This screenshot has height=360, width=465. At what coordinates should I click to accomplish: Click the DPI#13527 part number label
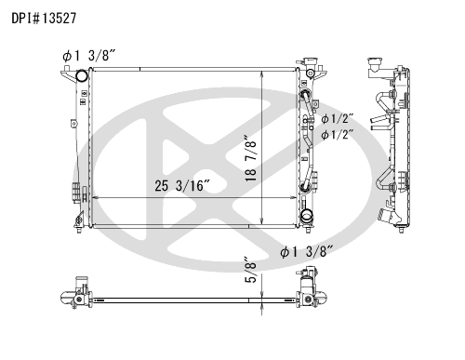pyautogui.click(x=44, y=19)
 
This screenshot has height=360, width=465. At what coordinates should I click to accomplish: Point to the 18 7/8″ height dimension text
pyautogui.click(x=251, y=158)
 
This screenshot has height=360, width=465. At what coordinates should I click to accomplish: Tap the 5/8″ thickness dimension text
pyautogui.click(x=251, y=270)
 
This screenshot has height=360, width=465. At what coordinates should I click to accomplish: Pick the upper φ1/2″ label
pyautogui.click(x=338, y=119)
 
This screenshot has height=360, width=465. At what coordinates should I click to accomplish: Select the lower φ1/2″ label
pyautogui.click(x=338, y=135)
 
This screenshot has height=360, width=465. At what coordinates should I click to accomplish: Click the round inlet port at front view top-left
pyautogui.click(x=82, y=75)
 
